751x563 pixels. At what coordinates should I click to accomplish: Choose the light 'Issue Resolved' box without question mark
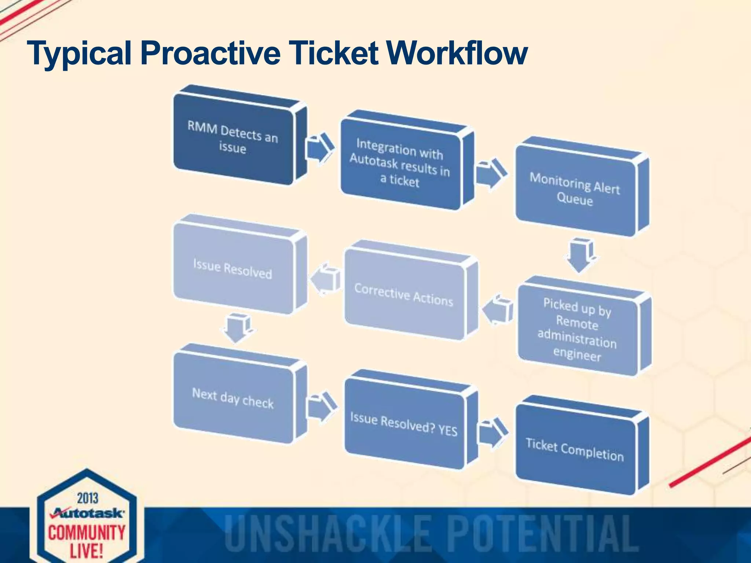(233, 269)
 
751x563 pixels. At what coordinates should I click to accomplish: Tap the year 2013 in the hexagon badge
(88, 498)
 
